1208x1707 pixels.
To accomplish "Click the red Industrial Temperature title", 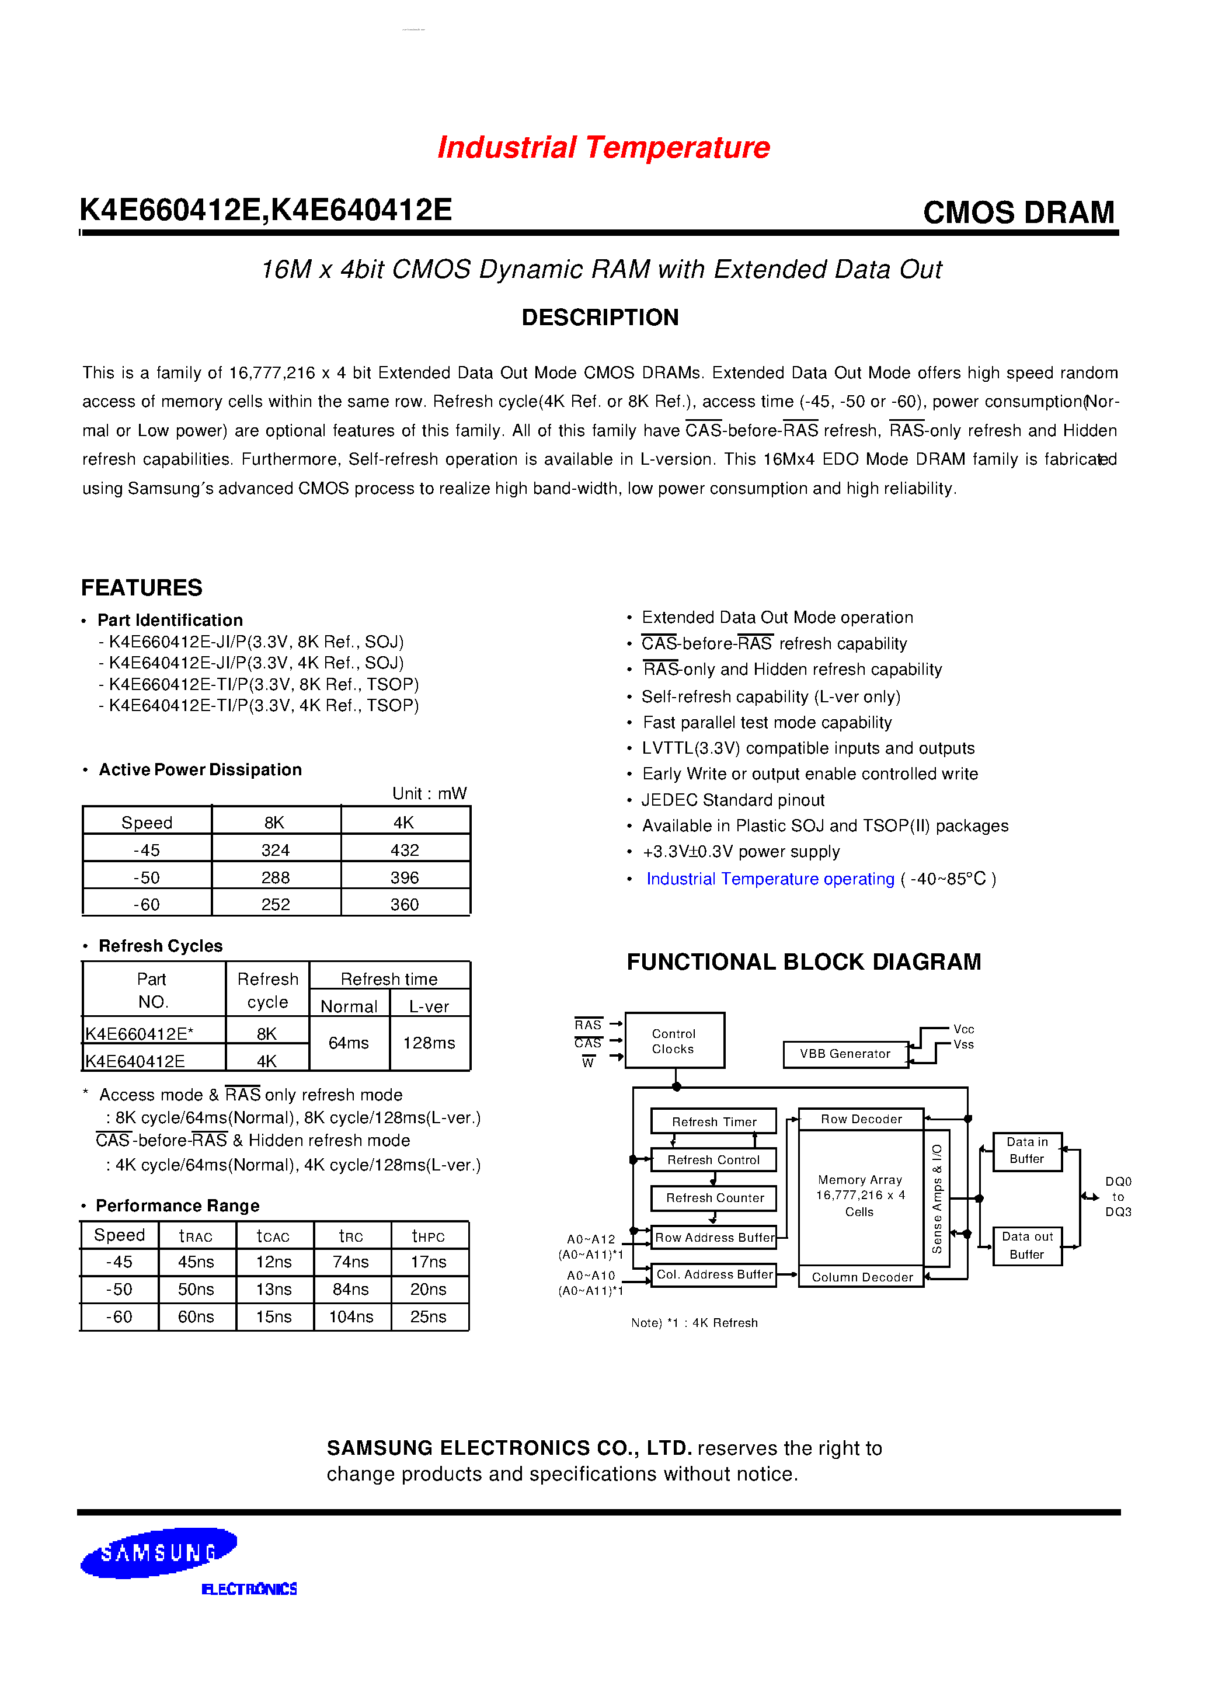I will [603, 147].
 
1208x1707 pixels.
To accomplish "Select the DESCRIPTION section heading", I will [600, 318].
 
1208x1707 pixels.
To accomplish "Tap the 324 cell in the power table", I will [275, 850].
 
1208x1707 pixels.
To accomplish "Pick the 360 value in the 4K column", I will [405, 904].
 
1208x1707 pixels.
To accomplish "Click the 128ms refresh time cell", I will [429, 1043].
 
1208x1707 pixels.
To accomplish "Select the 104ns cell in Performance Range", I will [351, 1316].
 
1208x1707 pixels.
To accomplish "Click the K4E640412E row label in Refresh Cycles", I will [135, 1061].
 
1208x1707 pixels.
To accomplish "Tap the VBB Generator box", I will [845, 1054].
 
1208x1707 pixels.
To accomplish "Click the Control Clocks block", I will [674, 1040].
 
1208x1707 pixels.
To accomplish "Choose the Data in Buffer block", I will [1027, 1151].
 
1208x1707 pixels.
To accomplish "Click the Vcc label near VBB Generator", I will [963, 1029].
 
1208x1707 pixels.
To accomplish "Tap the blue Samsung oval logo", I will [158, 1552].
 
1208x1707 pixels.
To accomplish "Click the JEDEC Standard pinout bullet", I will [733, 800].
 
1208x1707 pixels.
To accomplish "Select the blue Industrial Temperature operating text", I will [770, 879].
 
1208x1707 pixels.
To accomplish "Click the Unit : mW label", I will [429, 793].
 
